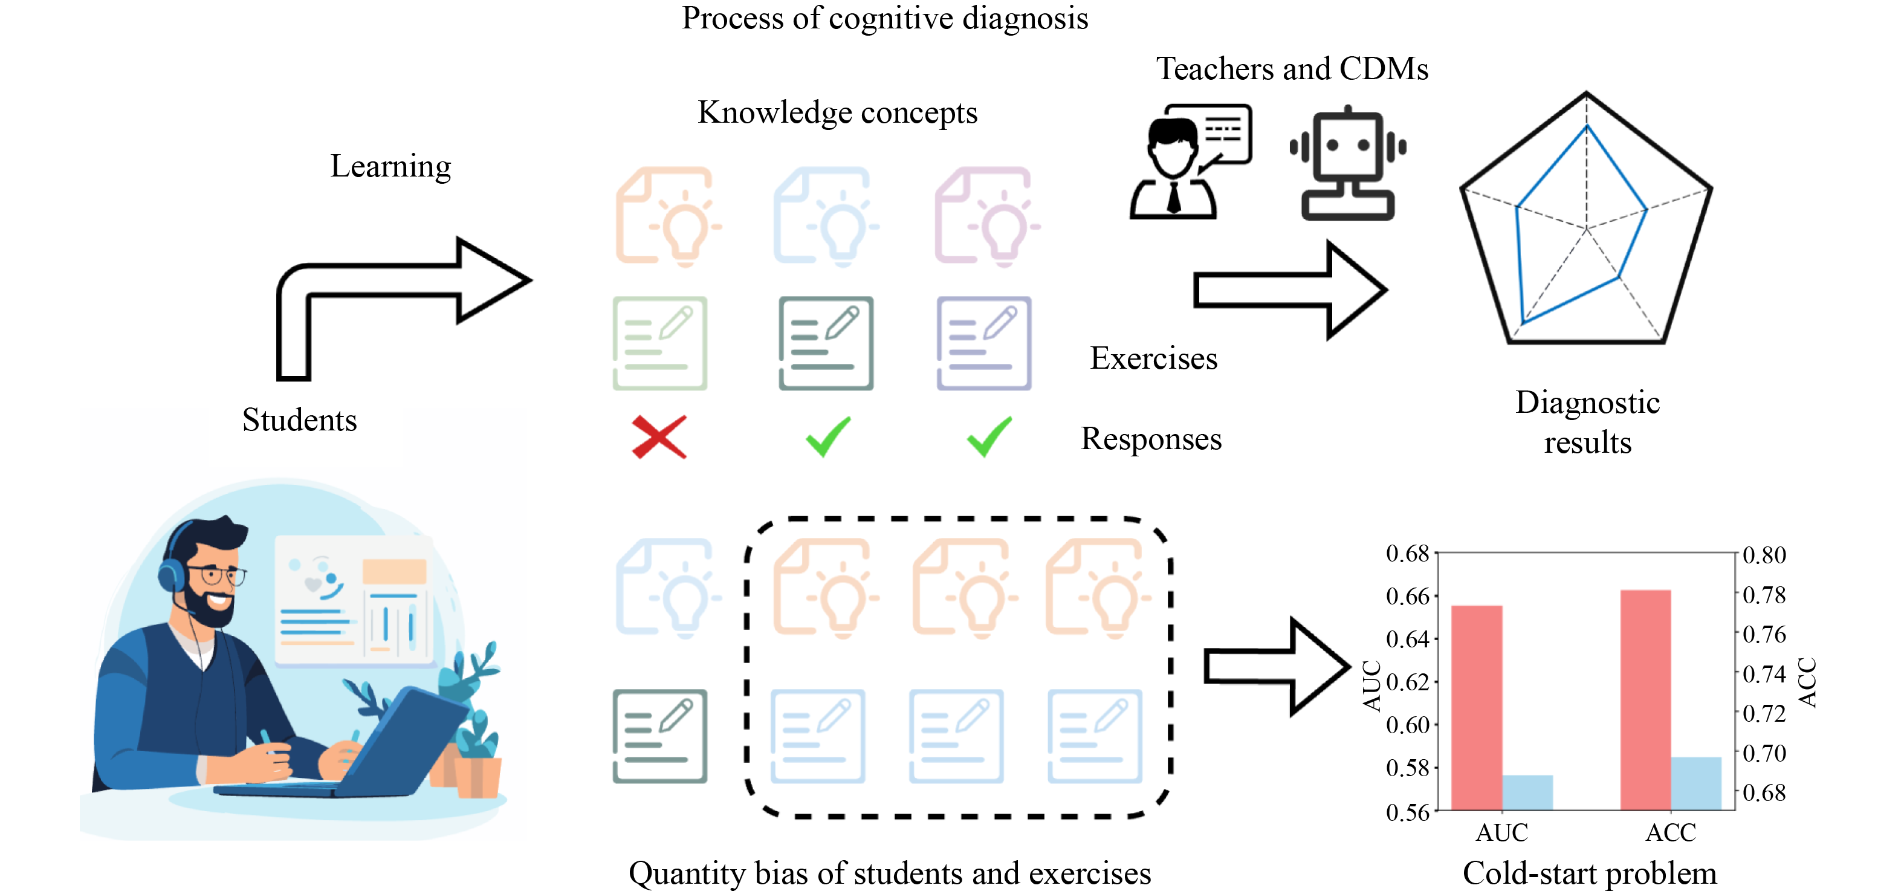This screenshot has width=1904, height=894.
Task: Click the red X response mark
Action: click(x=659, y=437)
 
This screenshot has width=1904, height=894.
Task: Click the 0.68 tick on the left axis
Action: click(x=1407, y=553)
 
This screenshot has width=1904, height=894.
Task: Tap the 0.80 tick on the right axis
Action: click(x=1764, y=554)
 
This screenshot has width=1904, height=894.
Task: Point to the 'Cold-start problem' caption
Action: click(x=1589, y=873)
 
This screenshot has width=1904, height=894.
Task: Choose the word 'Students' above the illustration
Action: click(x=299, y=420)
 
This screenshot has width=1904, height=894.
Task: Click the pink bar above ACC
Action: click(x=1645, y=699)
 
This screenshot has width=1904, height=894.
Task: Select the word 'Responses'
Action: click(x=1151, y=438)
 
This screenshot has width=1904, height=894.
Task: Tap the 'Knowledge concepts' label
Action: click(x=837, y=112)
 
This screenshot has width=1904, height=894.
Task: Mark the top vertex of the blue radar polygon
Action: click(x=1586, y=127)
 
